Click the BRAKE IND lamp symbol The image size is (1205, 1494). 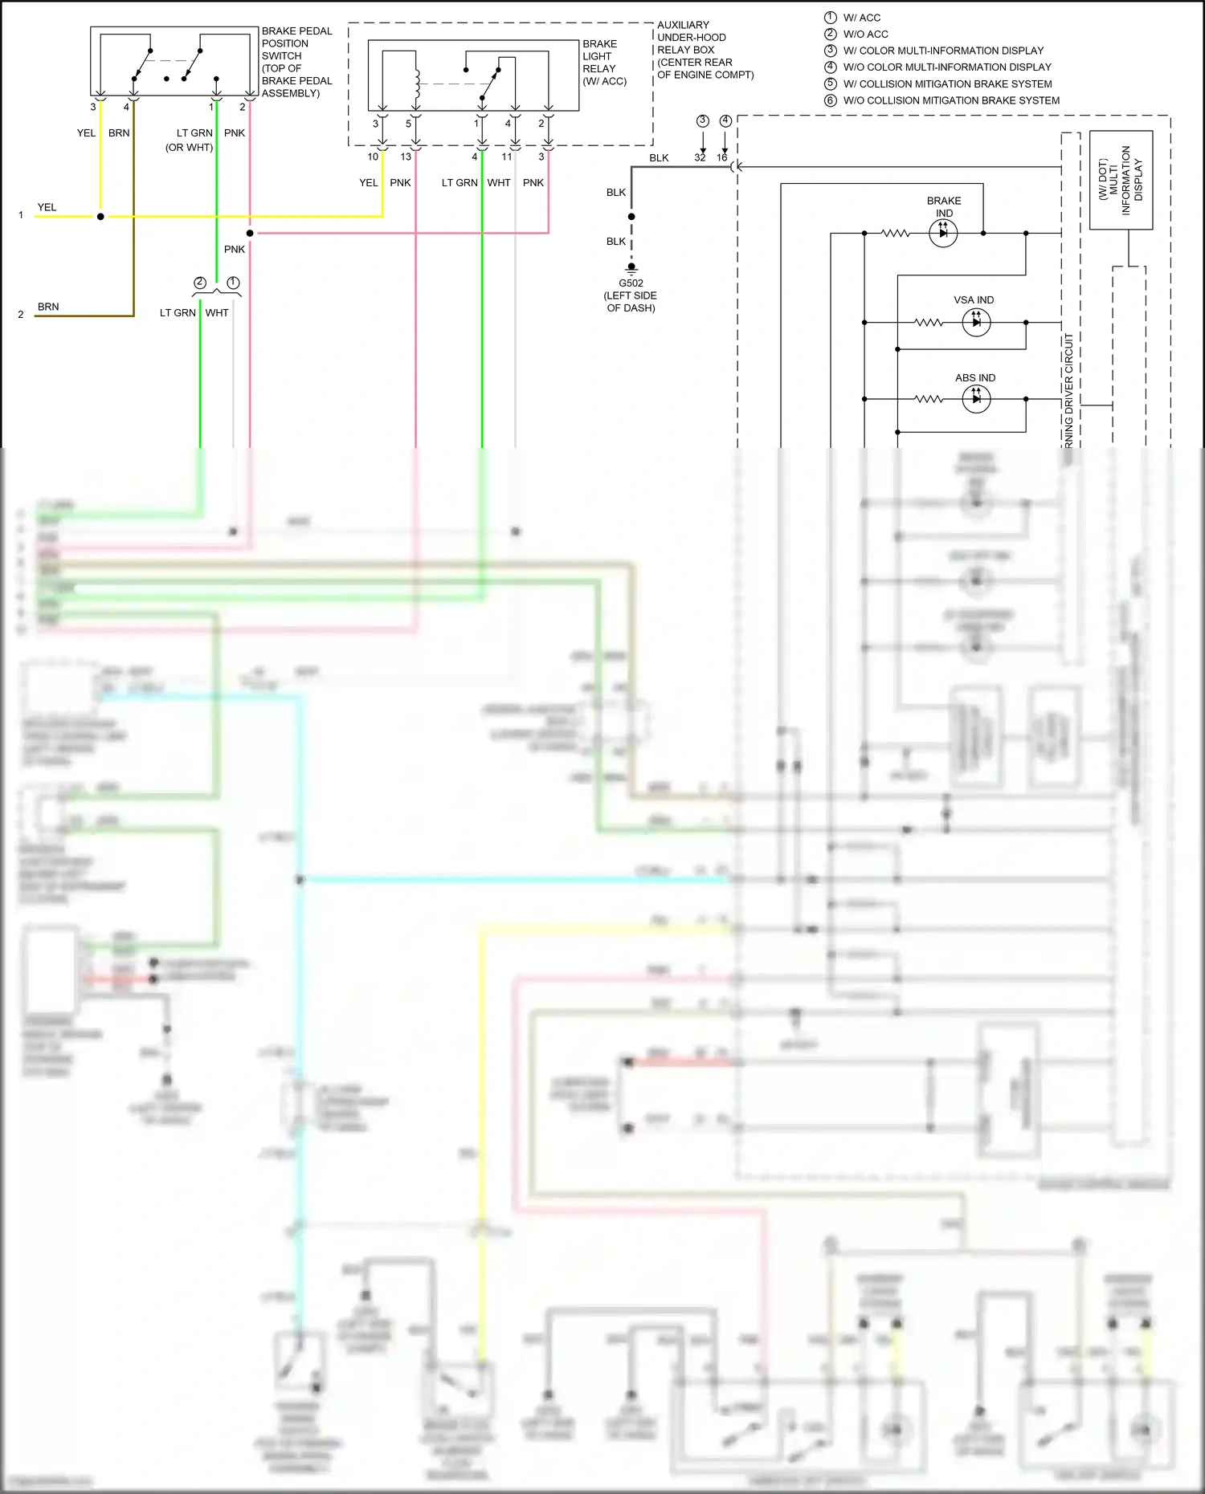click(x=943, y=234)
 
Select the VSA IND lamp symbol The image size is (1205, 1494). click(x=976, y=323)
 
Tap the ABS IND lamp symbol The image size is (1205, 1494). click(x=976, y=399)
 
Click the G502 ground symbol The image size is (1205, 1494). click(x=631, y=268)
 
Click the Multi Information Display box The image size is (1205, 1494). click(x=1121, y=180)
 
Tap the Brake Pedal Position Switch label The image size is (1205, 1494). click(x=296, y=62)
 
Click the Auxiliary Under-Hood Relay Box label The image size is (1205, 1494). click(x=705, y=50)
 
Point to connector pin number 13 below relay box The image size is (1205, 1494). click(x=406, y=157)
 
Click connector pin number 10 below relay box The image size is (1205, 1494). click(x=373, y=157)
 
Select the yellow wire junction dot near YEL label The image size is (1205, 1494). click(x=100, y=217)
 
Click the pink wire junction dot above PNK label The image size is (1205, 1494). click(x=250, y=234)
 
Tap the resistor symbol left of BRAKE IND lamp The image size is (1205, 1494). click(x=895, y=234)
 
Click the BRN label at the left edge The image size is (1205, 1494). click(x=48, y=307)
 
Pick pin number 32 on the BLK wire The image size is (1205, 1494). click(x=700, y=157)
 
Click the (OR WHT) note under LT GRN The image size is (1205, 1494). click(x=189, y=147)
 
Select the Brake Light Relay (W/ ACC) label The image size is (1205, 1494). click(x=604, y=63)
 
